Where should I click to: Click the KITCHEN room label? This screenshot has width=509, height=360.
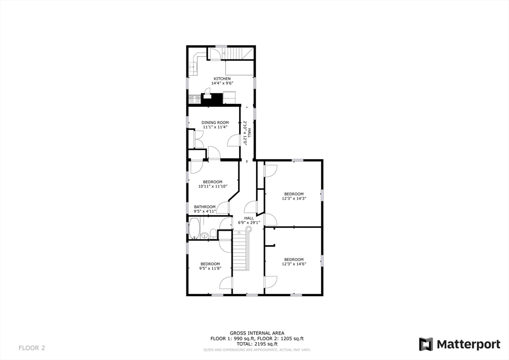point(222,79)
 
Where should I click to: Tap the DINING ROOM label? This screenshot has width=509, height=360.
point(215,122)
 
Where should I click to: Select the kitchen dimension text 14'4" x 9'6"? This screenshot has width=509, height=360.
point(222,83)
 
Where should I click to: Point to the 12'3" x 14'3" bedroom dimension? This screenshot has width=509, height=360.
point(294,198)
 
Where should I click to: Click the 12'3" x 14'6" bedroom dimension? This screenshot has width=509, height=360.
point(294,264)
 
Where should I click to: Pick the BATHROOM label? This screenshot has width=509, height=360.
point(205,207)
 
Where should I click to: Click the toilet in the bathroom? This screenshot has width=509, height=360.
point(213,233)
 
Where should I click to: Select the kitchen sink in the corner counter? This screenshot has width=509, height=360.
point(193,66)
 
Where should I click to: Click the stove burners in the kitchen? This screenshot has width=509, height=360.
point(194,98)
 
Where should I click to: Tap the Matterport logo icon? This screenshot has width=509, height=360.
point(425,344)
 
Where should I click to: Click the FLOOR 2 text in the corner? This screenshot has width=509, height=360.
point(32,347)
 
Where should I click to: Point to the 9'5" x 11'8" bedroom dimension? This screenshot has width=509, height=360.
point(210,269)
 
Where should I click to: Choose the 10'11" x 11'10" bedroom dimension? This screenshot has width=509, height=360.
point(212,186)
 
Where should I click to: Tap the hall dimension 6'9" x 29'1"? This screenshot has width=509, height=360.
point(249,222)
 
